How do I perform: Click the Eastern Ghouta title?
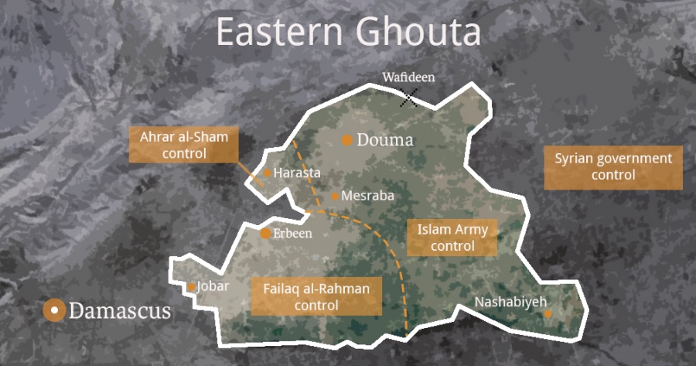(x=348, y=32)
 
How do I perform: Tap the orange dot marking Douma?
(x=347, y=140)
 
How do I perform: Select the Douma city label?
(x=385, y=141)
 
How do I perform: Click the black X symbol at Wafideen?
(x=409, y=97)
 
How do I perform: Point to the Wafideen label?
(x=408, y=77)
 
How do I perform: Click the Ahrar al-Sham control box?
(x=184, y=145)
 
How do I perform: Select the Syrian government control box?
(x=613, y=167)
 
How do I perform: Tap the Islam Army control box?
(x=452, y=238)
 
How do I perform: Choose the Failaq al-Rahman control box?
(x=316, y=296)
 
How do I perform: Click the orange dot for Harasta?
(x=268, y=173)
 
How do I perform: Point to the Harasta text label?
(x=297, y=173)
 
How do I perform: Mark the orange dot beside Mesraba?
(x=335, y=197)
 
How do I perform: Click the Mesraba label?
(x=367, y=197)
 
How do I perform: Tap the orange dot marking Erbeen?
(x=265, y=234)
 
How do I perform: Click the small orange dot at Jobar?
(x=192, y=287)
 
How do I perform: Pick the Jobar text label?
(x=213, y=286)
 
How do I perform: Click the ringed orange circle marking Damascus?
(x=54, y=311)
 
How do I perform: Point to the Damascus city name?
(x=120, y=312)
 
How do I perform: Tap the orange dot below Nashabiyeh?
(x=548, y=314)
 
